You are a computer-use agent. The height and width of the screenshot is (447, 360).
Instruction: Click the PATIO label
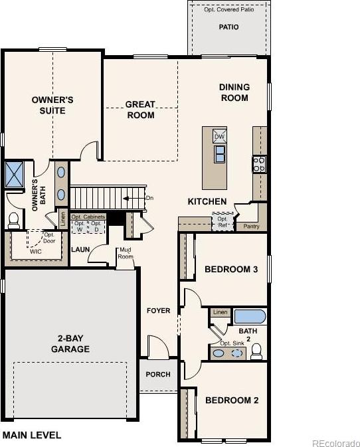click(228, 27)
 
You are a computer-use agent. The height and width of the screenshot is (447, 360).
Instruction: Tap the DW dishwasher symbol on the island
click(219, 136)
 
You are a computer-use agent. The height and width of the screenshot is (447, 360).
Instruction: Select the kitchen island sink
click(220, 154)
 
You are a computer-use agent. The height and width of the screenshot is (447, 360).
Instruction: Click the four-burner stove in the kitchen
click(259, 165)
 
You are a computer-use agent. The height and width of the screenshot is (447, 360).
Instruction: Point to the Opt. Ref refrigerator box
click(223, 222)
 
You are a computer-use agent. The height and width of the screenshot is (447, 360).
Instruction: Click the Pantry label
click(251, 226)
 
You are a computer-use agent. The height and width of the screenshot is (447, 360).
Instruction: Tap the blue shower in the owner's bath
click(14, 174)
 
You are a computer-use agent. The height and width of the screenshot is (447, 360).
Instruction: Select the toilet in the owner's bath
click(14, 221)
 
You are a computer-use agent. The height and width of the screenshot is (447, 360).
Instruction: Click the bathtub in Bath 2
click(250, 316)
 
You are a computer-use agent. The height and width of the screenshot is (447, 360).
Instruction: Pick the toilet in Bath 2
click(256, 351)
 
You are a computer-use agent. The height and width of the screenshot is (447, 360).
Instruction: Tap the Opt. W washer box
click(79, 226)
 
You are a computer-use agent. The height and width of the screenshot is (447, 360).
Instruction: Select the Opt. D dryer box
click(96, 226)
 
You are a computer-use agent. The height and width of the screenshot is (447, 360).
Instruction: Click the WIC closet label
click(36, 252)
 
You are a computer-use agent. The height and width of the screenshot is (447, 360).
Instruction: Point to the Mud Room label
click(126, 253)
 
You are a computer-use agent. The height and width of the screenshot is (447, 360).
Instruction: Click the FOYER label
click(159, 310)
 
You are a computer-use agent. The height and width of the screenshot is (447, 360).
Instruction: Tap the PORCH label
click(158, 375)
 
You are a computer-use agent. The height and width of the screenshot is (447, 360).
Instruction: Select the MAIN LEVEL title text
click(32, 435)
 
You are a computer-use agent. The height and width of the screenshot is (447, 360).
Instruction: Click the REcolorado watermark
click(335, 443)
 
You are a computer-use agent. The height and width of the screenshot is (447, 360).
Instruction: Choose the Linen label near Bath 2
click(221, 312)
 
